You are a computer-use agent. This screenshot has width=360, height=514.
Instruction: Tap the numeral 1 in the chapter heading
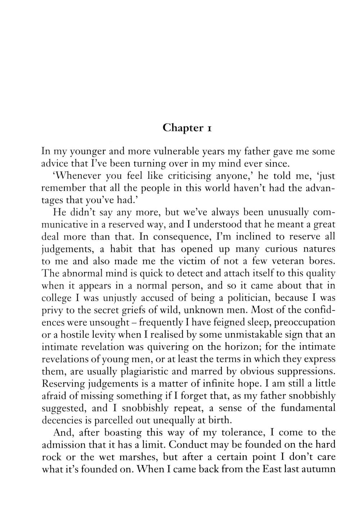click(x=208, y=128)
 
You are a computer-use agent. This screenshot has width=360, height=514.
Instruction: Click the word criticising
click(x=180, y=176)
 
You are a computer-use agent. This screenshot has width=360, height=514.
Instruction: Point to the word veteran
click(x=291, y=261)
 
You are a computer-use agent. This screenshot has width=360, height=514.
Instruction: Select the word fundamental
click(x=308, y=408)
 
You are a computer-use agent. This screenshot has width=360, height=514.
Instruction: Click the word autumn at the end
click(x=318, y=469)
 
